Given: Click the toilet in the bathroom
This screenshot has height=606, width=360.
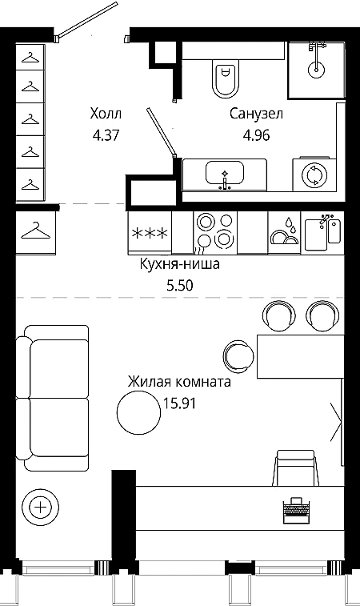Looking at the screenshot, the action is (x=225, y=78).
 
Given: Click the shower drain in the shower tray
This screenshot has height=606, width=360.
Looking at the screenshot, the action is (x=316, y=70).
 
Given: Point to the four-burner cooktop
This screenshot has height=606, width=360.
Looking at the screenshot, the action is (x=215, y=232).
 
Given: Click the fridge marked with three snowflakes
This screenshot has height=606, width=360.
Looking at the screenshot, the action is (x=150, y=233).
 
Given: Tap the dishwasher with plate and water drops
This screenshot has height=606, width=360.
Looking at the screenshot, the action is (x=284, y=233).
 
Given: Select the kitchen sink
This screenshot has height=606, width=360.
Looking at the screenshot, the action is (x=323, y=233).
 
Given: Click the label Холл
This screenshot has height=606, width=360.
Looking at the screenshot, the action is (x=106, y=114).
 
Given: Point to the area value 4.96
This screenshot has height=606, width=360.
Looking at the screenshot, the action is (x=256, y=135).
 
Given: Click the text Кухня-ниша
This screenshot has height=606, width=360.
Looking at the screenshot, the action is (x=180, y=264).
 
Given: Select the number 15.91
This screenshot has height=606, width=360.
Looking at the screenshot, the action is (x=179, y=403).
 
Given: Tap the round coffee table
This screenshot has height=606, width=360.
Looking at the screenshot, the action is (x=138, y=412).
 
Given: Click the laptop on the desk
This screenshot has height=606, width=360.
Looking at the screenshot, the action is (x=297, y=511).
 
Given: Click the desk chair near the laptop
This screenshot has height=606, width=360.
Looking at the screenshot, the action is (x=296, y=468).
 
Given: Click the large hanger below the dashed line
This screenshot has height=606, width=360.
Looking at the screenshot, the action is (x=35, y=231).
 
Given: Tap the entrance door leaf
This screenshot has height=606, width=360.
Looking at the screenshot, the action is (x=86, y=20).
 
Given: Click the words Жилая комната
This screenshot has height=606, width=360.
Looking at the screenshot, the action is (x=180, y=382).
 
